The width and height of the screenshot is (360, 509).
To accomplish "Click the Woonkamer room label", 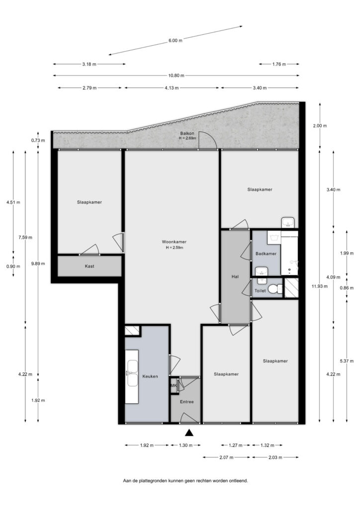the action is (x=174, y=242).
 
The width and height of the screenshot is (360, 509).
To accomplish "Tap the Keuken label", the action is (x=150, y=376).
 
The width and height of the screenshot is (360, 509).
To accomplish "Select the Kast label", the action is (x=90, y=266).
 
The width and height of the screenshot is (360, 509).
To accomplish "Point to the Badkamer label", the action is (x=266, y=254).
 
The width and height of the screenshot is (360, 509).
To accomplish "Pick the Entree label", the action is (x=186, y=402).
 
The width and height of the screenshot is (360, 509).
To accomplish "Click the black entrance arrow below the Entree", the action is (x=189, y=432).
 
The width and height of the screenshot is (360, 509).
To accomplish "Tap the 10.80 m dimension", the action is (x=176, y=76).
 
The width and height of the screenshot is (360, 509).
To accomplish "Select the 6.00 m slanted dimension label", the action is (x=176, y=41).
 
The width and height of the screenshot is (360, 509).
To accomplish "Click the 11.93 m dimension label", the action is (x=320, y=286).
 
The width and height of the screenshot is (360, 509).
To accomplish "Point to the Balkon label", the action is (x=187, y=133).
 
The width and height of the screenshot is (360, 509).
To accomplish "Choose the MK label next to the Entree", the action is (x=174, y=386).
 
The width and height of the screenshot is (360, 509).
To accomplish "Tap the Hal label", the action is (x=235, y=276).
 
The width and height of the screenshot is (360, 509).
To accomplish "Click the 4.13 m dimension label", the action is (x=172, y=87).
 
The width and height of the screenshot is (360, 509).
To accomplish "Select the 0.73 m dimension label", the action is (x=38, y=140).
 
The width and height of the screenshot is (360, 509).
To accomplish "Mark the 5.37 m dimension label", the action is (x=347, y=361).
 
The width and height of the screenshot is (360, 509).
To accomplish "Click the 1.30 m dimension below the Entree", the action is (x=185, y=445).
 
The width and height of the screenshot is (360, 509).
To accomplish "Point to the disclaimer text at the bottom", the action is (x=185, y=481).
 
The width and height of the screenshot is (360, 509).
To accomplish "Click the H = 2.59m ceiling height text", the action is (x=175, y=248).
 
